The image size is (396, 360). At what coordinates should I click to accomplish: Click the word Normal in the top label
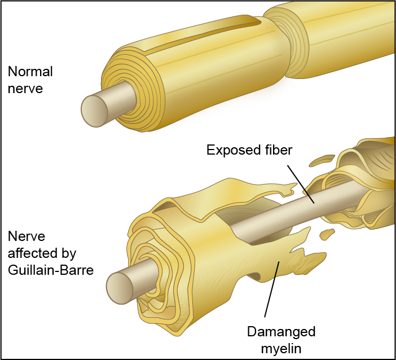(30, 72)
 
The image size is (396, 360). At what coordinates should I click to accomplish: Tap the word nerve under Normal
(25, 89)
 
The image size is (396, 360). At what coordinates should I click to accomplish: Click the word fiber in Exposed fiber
(278, 150)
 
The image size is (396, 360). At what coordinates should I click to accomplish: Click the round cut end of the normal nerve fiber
(96, 110)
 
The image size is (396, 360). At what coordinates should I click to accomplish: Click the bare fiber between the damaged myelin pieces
(282, 212)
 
